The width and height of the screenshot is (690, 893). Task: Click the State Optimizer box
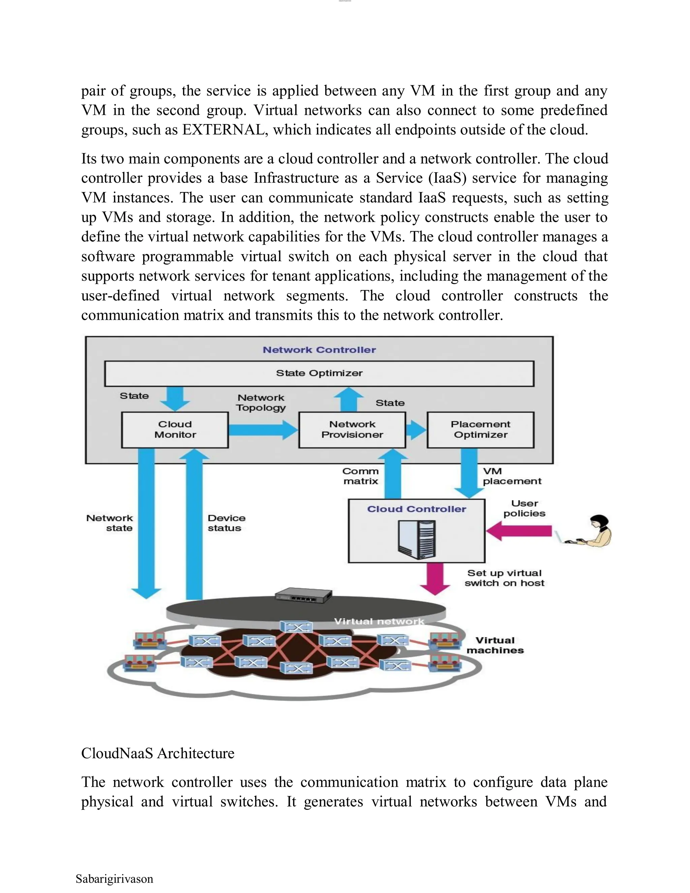pyautogui.click(x=319, y=373)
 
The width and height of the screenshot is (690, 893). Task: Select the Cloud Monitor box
pyautogui.click(x=175, y=430)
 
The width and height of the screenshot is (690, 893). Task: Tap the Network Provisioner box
pyautogui.click(x=352, y=430)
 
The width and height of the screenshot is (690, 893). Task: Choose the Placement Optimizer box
pyautogui.click(x=480, y=430)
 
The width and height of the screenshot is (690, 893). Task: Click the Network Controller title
pyautogui.click(x=319, y=350)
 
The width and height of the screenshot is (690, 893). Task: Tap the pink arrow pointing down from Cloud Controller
pyautogui.click(x=435, y=578)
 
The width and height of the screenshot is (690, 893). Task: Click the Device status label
pyautogui.click(x=226, y=523)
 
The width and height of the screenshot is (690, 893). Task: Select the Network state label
pyautogui.click(x=111, y=523)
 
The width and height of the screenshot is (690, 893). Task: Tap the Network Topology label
pyautogui.click(x=261, y=403)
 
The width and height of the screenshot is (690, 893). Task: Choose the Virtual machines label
pyautogui.click(x=495, y=645)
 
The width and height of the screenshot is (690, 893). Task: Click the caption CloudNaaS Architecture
pyautogui.click(x=158, y=753)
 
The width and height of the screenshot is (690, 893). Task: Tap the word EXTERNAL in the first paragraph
pyautogui.click(x=224, y=130)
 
